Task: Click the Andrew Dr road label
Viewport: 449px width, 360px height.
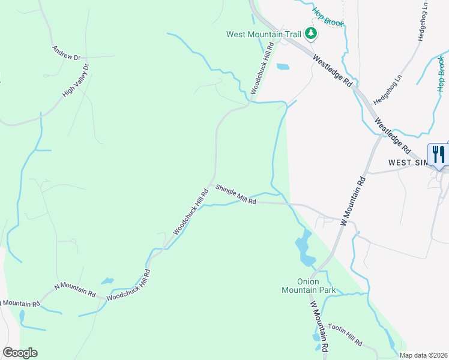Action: point(66,53)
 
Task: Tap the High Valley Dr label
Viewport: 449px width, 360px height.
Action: point(76,80)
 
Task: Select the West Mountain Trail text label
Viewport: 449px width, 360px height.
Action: point(263,34)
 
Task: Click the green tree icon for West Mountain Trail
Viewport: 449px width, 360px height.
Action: point(310,34)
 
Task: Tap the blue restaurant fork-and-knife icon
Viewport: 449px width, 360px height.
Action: point(438,155)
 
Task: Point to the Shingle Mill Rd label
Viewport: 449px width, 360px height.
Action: point(236,194)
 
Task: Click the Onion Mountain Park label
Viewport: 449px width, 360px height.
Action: point(308,286)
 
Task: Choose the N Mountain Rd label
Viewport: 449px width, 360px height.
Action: point(75,290)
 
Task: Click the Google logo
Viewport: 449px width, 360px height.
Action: point(20,353)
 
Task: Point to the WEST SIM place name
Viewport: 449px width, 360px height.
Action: point(408,163)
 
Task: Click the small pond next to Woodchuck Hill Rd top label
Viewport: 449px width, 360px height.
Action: point(282,67)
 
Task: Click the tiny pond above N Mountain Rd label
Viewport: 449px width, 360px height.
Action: point(107,280)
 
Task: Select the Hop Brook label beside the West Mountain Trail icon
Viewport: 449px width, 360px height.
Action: point(328,17)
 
